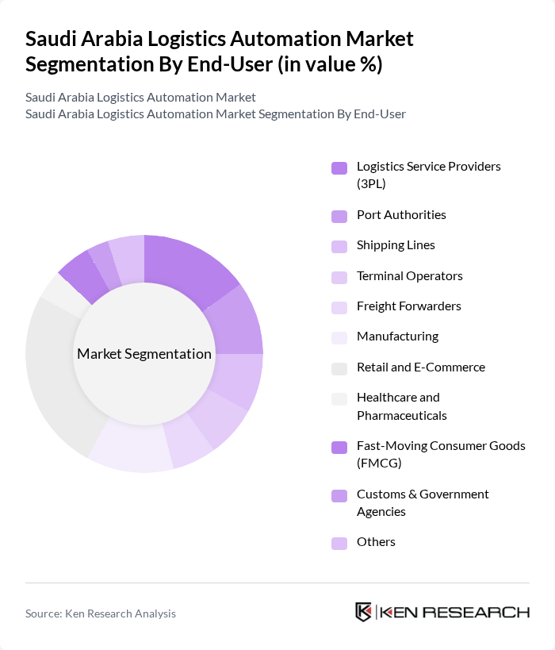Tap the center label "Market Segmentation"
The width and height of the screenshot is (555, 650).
tap(144, 354)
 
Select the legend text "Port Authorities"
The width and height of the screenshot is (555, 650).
tap(401, 215)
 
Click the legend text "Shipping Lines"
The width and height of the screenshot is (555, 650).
tap(396, 245)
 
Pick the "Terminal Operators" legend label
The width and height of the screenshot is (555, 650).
tap(409, 276)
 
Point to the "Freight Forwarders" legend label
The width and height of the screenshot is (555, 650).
tap(408, 306)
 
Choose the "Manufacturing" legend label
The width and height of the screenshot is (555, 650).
tap(397, 337)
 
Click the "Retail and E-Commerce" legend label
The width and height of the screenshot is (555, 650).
tap(420, 367)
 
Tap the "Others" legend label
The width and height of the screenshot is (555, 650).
tap(376, 542)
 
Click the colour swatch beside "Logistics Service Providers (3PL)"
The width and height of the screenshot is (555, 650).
tap(339, 167)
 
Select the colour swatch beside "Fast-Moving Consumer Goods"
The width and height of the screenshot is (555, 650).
tap(339, 448)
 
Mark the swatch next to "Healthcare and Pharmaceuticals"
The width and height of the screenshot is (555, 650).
tap(339, 398)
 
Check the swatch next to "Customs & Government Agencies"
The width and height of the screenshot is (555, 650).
tap(339, 496)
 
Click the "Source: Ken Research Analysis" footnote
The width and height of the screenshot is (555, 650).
tap(101, 613)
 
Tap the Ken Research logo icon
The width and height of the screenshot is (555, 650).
tap(364, 612)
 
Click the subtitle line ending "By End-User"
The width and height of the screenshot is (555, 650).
tap(215, 113)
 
